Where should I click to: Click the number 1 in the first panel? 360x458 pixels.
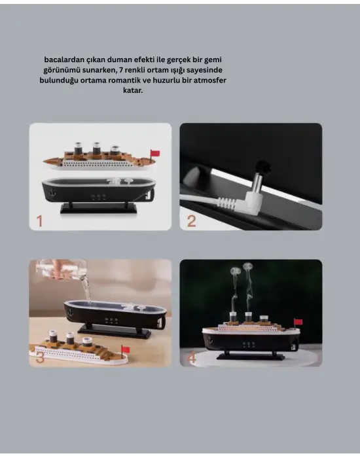[39, 220]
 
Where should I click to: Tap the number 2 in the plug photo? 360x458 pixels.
[191, 220]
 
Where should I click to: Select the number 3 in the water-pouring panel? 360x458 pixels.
[40, 357]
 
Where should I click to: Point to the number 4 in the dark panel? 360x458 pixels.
[192, 359]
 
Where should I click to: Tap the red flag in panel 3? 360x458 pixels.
[125, 349]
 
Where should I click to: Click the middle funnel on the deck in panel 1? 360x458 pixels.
[97, 149]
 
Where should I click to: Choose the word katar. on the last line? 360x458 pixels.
[133, 90]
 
